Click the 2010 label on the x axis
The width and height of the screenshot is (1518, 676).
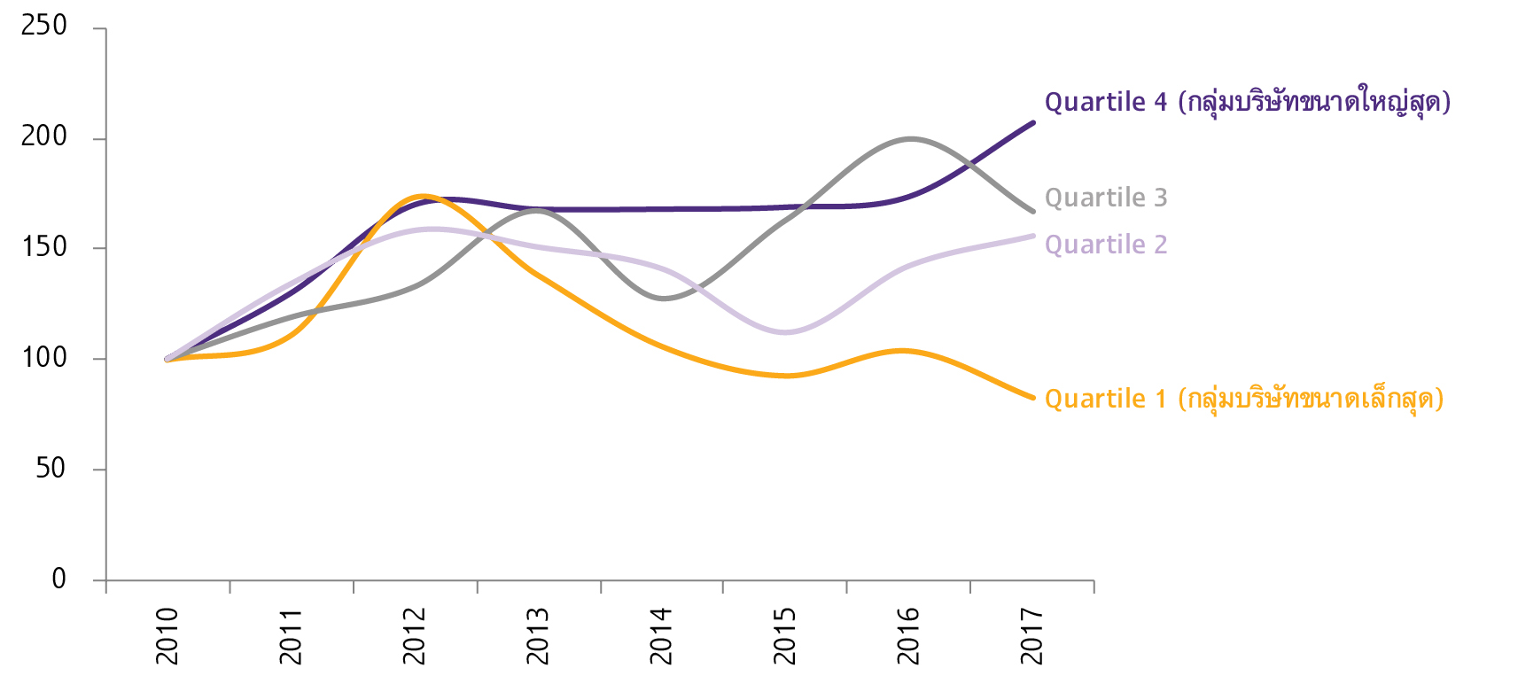click(x=167, y=636)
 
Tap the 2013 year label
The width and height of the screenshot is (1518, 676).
click(x=537, y=636)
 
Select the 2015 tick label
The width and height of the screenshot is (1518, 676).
click(x=784, y=636)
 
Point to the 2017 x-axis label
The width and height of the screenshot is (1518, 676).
click(x=1031, y=636)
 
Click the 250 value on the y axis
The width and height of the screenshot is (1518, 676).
click(x=44, y=26)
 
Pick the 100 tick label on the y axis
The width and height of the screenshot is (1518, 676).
click(x=44, y=358)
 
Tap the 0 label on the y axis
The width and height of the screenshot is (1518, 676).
click(x=58, y=579)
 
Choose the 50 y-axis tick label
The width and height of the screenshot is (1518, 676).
click(x=51, y=469)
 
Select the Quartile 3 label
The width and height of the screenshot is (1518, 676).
click(x=1106, y=198)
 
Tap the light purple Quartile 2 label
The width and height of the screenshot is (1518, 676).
click(x=1106, y=245)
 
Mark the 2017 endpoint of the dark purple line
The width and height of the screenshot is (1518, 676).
click(x=1033, y=122)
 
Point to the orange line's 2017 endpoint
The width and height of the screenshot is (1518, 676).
click(x=1033, y=398)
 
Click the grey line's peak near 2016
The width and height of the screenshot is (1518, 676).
click(x=910, y=139)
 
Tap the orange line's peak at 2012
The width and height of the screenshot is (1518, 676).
click(x=422, y=196)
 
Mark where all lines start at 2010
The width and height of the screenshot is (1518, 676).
click(x=167, y=359)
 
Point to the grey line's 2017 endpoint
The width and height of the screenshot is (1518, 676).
click(x=1033, y=212)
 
